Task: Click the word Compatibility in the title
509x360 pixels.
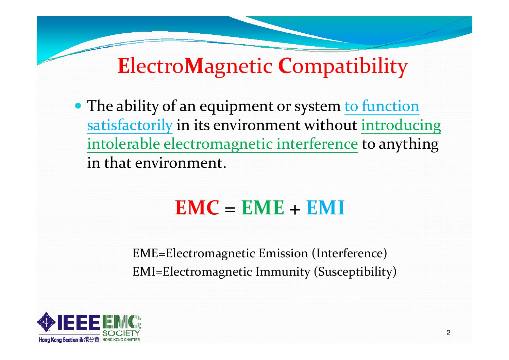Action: point(343,67)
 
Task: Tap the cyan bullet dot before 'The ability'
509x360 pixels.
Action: point(78,106)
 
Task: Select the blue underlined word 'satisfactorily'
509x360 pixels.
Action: point(130,125)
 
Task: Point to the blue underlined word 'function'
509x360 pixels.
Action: point(390,106)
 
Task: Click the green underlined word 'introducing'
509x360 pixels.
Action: point(401,125)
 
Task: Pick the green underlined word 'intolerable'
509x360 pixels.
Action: point(123,144)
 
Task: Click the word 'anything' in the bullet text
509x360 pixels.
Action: point(409,144)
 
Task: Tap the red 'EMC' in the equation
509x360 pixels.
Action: point(197,208)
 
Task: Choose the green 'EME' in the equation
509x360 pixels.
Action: point(262,208)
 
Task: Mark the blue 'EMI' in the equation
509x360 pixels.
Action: point(325,208)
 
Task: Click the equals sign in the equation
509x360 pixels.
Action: point(230,209)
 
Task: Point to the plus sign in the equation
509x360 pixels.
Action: point(295,209)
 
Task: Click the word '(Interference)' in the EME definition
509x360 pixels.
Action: point(349,253)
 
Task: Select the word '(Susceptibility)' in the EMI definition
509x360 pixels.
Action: point(355,272)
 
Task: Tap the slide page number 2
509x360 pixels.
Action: point(448,333)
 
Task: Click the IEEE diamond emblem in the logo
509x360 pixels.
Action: point(46,322)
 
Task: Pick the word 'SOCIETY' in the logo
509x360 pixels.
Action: point(121,333)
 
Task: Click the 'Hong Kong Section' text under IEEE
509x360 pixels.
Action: point(58,340)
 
